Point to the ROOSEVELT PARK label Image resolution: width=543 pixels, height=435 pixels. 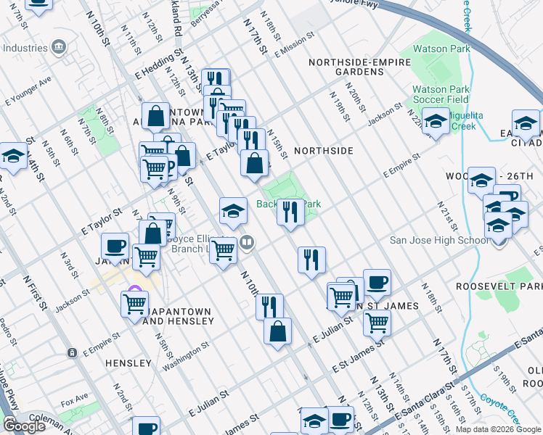499,286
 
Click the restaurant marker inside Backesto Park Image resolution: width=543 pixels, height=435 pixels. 290,212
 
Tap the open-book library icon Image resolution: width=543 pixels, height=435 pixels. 248,242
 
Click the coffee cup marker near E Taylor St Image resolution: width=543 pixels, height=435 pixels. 115,246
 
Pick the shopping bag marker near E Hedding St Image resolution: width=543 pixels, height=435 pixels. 155,116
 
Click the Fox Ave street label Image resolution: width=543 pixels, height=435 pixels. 74,399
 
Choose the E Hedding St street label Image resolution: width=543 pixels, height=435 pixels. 158,64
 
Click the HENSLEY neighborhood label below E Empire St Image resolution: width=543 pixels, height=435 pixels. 128,362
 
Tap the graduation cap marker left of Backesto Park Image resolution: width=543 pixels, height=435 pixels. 233,211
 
